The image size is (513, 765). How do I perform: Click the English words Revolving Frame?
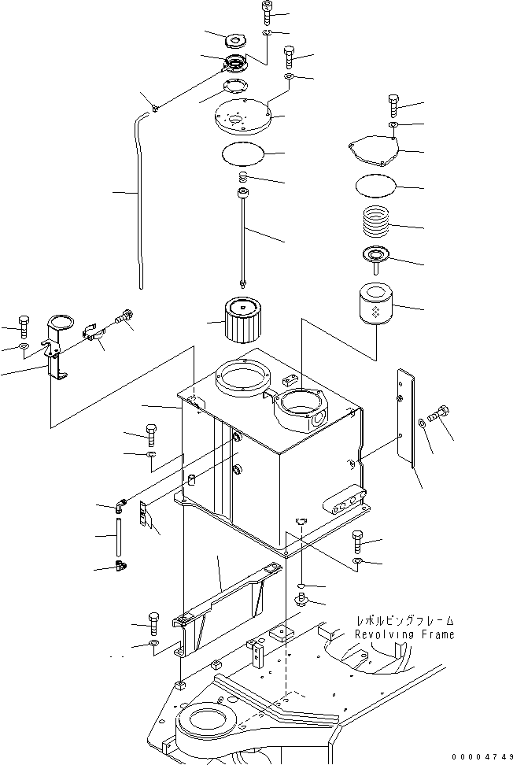click(404, 634)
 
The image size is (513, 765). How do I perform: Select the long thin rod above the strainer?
click(244, 236)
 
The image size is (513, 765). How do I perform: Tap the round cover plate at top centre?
click(242, 120)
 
